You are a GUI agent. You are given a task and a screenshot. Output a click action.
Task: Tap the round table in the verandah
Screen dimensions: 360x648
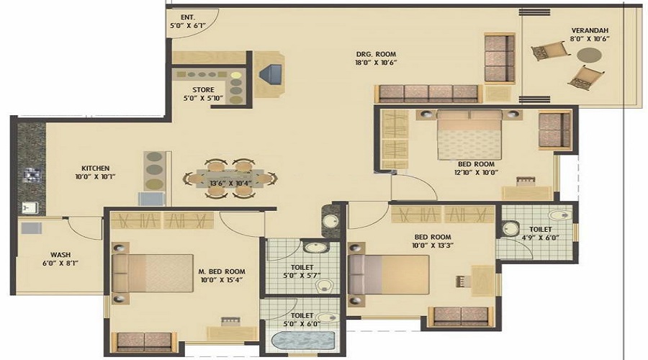pyautogui.click(x=588, y=55)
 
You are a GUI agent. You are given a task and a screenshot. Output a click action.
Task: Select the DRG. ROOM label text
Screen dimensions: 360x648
pyautogui.click(x=377, y=54)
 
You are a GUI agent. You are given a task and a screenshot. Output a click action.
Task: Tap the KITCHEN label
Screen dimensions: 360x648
pyautogui.click(x=95, y=168)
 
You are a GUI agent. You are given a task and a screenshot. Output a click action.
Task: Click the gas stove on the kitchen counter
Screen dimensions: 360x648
pyautogui.click(x=30, y=174)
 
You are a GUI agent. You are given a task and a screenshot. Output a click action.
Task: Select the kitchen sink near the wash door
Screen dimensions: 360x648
pyautogui.click(x=30, y=207)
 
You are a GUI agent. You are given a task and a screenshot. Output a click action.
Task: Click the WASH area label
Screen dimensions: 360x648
pyautogui.click(x=60, y=254)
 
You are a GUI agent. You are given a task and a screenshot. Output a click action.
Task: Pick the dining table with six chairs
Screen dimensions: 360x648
pyautogui.click(x=227, y=177)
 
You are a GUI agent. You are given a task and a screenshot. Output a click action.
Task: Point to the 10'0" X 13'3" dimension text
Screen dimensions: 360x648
pyautogui.click(x=432, y=246)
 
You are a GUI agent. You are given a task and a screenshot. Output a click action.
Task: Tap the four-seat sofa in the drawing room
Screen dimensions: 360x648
pyautogui.click(x=428, y=92)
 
